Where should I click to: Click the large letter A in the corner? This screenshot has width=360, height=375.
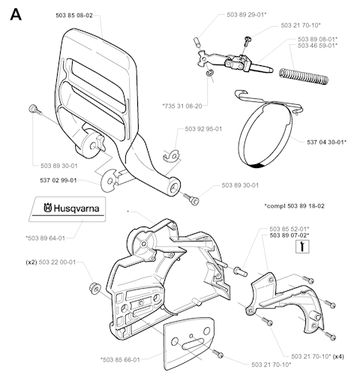[x=16, y=15]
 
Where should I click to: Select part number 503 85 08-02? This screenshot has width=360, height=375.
[x=74, y=16]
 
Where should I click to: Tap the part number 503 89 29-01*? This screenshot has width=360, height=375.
[x=247, y=15]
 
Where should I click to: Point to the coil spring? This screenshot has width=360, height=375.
[x=304, y=76]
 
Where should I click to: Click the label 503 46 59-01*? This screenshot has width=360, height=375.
[x=318, y=46]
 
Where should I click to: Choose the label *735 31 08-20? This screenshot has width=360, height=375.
[x=182, y=106]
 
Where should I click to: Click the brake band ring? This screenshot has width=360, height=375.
[x=265, y=136]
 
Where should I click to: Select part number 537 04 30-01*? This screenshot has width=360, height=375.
[x=327, y=142]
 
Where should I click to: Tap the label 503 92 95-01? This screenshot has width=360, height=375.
[x=203, y=129]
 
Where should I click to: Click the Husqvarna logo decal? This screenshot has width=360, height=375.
[x=67, y=209]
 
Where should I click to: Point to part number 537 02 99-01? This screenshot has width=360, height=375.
[x=58, y=180]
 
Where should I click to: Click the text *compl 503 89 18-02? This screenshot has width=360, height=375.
[x=295, y=206]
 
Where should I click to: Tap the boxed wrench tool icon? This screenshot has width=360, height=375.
[x=302, y=247]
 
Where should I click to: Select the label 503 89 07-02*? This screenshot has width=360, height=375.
[x=289, y=235]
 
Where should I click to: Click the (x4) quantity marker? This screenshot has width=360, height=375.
[x=339, y=356]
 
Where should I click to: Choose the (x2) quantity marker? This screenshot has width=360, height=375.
[x=31, y=262]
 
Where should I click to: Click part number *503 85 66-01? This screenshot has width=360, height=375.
[x=120, y=360]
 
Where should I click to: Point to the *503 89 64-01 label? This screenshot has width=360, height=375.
[x=45, y=238]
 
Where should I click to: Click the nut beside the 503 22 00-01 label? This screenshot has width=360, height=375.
[x=95, y=288]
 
